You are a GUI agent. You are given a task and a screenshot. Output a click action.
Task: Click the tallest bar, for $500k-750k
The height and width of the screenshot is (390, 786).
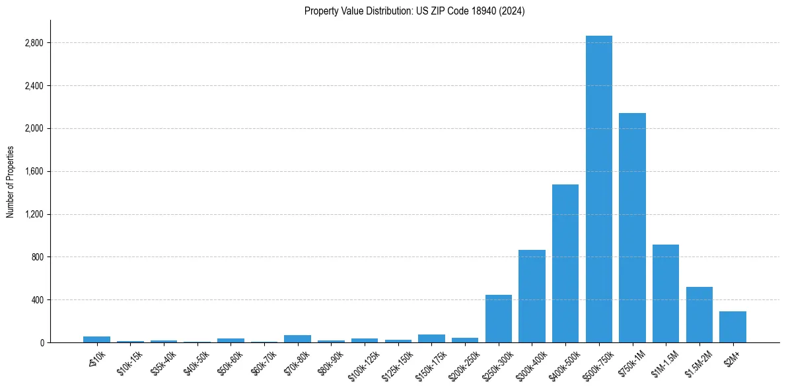coord(599,189)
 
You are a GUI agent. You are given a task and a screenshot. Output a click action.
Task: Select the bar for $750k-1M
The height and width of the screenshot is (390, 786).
coord(632,228)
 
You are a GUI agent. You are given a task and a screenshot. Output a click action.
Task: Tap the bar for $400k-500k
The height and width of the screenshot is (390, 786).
coord(565,263)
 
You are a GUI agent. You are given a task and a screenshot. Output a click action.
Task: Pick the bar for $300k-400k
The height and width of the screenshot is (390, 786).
coord(532,296)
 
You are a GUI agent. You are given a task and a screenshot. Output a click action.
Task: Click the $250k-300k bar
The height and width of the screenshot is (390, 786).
coord(499,319)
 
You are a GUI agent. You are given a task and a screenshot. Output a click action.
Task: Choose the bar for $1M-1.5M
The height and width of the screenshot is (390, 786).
coord(666,293)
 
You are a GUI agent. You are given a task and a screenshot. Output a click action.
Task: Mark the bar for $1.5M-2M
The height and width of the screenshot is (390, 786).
coord(699,315)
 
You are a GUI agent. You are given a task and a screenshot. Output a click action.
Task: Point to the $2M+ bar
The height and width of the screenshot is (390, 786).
coord(732,327)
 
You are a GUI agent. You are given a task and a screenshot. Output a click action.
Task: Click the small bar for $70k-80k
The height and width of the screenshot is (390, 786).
coord(297,339)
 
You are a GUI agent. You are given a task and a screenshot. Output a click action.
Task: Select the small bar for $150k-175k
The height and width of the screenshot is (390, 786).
coord(431,338)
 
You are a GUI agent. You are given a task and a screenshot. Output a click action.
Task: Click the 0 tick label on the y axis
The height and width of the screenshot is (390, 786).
coord(41,342)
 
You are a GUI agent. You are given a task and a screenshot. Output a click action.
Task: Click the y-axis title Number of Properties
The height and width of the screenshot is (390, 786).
coord(10,182)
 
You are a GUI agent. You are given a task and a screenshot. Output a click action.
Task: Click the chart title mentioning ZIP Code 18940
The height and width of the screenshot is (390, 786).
coord(414,11)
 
